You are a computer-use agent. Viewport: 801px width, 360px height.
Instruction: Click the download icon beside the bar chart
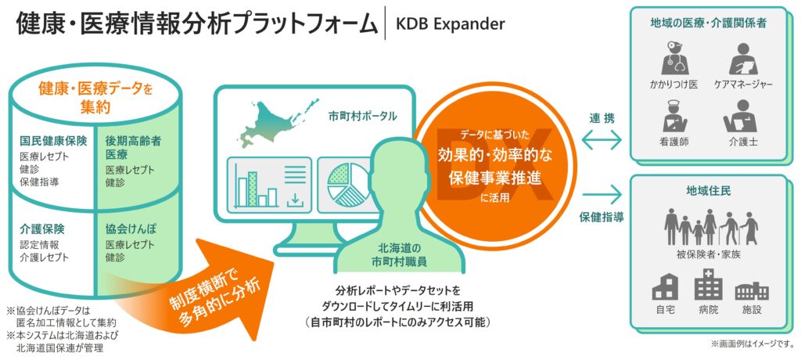coord(294,200)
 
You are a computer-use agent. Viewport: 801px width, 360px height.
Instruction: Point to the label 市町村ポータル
coord(362,116)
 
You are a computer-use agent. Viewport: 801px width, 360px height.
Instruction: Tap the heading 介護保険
coord(42,228)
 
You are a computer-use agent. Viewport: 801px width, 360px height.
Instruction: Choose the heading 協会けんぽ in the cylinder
coord(130,229)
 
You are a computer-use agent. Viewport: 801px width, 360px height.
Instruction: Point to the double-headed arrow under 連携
coord(602,139)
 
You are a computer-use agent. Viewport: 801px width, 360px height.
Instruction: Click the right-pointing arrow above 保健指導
coord(602,194)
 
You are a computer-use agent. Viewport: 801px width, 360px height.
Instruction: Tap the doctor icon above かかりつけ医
coord(675,58)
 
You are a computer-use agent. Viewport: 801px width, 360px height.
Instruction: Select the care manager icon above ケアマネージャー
coord(739,58)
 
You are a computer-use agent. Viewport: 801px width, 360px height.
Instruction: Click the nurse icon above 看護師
coord(674,117)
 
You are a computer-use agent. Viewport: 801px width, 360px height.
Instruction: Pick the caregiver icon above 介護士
coord(739,116)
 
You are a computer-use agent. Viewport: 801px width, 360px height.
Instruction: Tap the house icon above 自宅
coord(665,287)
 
